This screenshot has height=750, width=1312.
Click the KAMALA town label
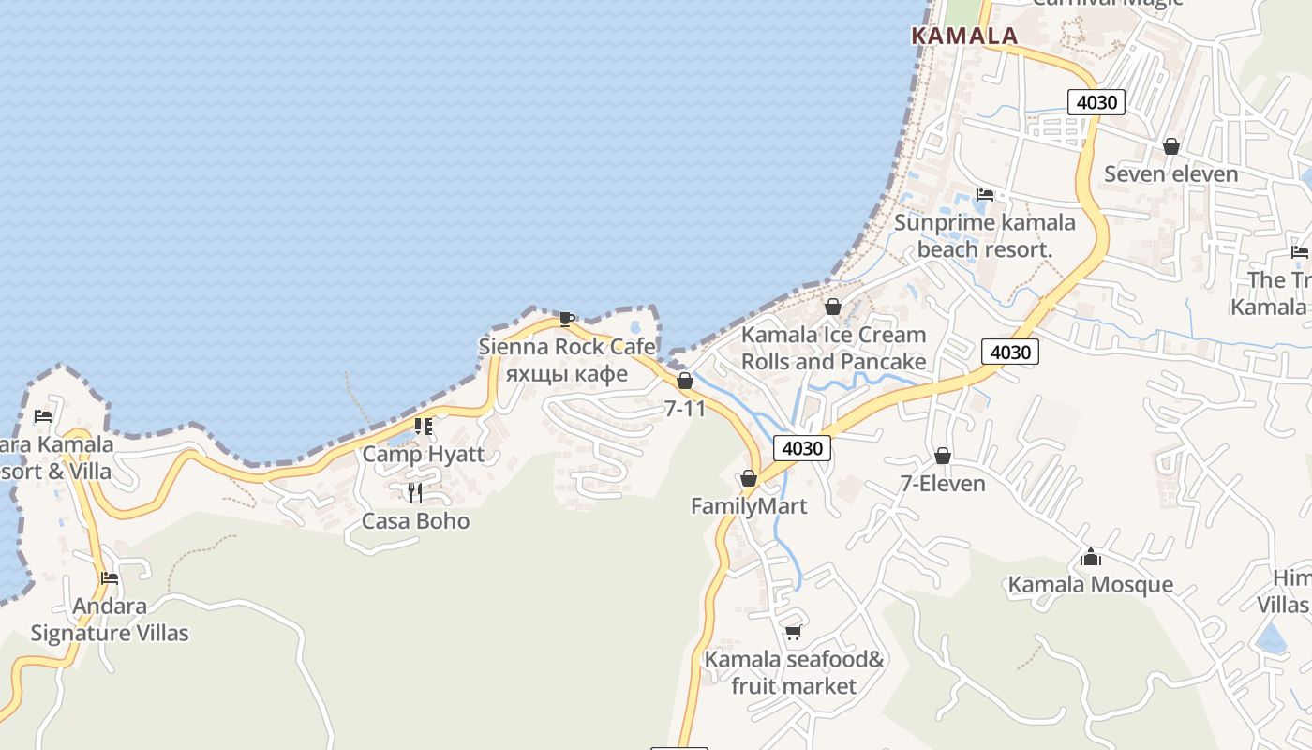(964, 36)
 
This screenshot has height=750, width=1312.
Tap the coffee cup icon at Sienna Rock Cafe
(566, 319)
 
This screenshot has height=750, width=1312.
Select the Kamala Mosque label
(1090, 585)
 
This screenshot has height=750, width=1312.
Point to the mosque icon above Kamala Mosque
(1090, 558)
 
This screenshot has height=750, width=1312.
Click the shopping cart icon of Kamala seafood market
(793, 632)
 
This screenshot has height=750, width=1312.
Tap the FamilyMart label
(749, 506)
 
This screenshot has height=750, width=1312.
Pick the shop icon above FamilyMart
(748, 479)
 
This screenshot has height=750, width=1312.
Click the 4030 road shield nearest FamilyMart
(802, 448)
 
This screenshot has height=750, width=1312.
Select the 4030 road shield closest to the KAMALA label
(1096, 102)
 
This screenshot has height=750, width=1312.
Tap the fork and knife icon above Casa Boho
(415, 492)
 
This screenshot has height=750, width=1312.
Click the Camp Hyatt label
(424, 455)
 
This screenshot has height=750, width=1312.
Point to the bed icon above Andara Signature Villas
(110, 578)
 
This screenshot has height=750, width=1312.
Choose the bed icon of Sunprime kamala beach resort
(984, 195)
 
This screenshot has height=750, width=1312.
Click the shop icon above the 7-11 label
(685, 381)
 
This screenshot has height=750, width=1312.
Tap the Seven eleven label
(1170, 173)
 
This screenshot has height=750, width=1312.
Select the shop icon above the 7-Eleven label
(943, 457)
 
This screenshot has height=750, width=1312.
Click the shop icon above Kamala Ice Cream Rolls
(832, 307)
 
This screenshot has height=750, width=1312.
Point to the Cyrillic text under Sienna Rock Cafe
(566, 374)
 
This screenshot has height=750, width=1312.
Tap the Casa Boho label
(415, 521)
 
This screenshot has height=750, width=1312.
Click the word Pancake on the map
(880, 362)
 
